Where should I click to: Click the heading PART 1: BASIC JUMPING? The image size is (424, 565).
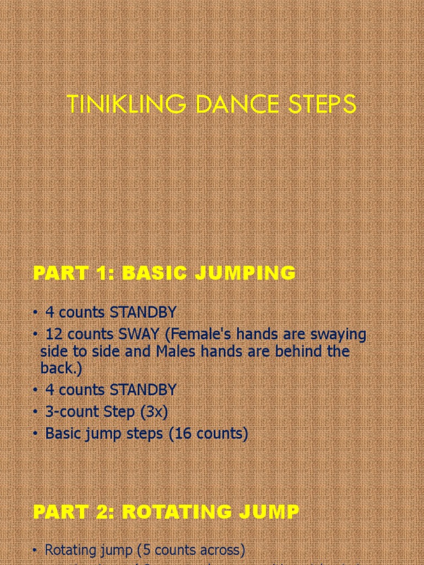(x=164, y=273)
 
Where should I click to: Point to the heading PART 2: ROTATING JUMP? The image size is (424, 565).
(x=166, y=511)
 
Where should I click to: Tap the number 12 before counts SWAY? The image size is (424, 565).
(x=54, y=334)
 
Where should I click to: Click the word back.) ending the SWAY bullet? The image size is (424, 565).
(x=57, y=367)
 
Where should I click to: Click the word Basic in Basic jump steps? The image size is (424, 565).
(x=62, y=434)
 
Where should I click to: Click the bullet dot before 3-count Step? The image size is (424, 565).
(x=35, y=412)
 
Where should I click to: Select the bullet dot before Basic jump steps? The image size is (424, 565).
(x=35, y=434)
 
